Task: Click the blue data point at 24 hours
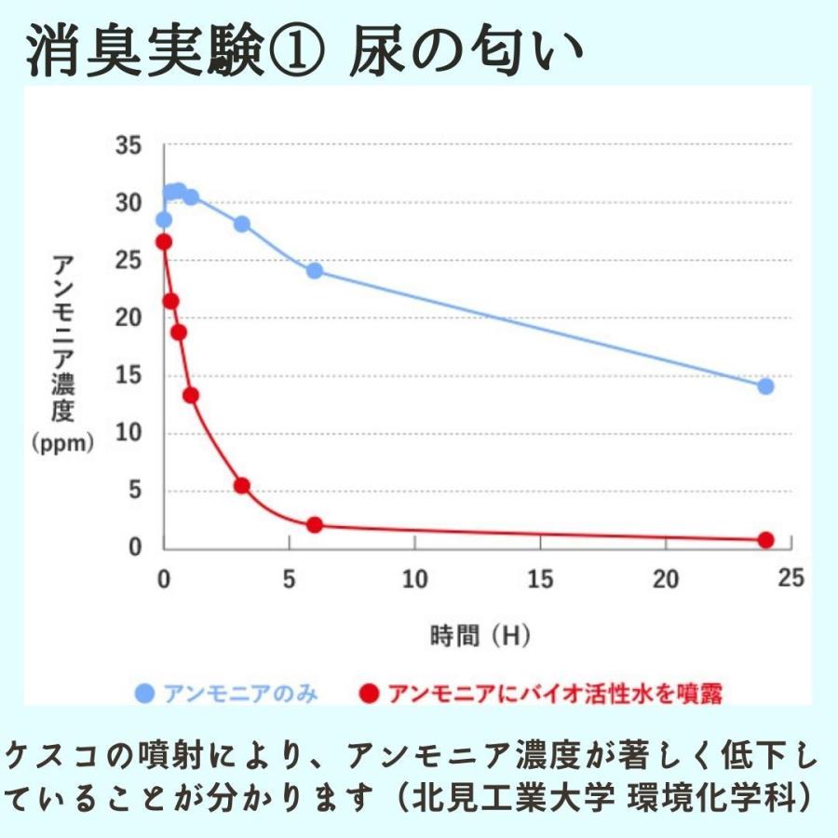765,386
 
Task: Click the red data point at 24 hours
765,540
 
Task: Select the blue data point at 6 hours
315,271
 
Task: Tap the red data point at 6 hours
315,525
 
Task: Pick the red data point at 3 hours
242,485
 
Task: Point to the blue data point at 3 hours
242,223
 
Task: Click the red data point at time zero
164,242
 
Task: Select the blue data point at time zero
164,220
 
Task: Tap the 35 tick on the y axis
128,146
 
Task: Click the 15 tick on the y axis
128,377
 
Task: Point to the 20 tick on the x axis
665,579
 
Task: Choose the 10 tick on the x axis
414,579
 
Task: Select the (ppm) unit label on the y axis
62,444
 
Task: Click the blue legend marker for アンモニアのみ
144,694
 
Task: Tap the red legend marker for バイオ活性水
370,694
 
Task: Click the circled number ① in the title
297,51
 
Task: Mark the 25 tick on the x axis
790,579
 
